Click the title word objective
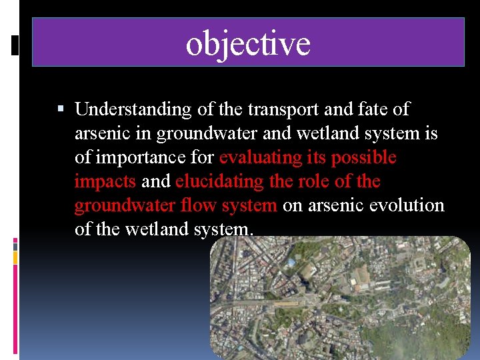[248, 43]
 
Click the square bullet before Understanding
[61, 109]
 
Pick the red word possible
[364, 157]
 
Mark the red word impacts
[105, 181]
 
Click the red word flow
[198, 205]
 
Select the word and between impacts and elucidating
[156, 181]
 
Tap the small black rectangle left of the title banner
[15, 44]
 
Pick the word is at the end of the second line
[431, 133]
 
